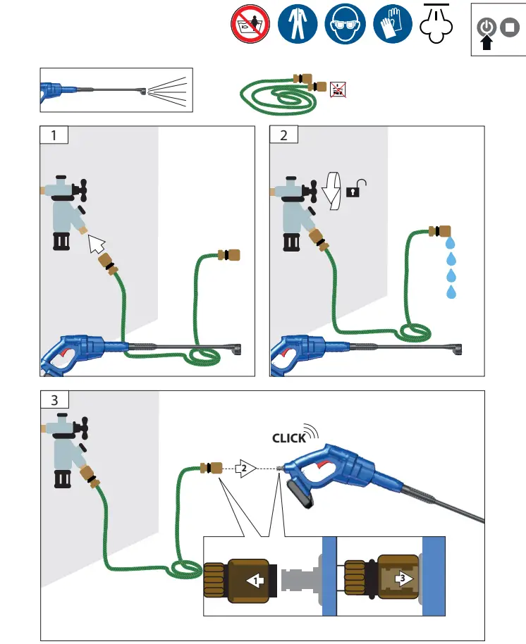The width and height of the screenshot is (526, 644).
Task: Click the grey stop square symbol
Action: (509, 28)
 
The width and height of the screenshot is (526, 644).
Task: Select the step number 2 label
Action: (284, 135)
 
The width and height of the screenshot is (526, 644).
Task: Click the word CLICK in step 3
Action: (289, 438)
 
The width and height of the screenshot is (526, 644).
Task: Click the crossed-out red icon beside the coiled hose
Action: (336, 89)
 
